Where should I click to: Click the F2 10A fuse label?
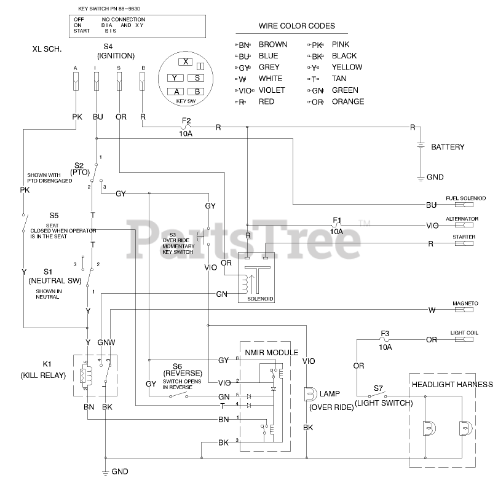pos(186,126)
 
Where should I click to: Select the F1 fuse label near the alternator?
pos(337,225)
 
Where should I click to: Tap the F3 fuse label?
pos(385,339)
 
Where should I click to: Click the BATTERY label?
pos(447,148)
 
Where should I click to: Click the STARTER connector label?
pos(463,237)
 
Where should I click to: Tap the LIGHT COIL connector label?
pos(464,332)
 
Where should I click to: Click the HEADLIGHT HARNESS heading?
pos(452,385)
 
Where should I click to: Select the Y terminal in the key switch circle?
pos(175,78)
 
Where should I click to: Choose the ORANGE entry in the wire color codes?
pos(347,101)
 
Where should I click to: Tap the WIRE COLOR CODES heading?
pos(296,26)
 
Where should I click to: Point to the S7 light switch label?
pos(379,388)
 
